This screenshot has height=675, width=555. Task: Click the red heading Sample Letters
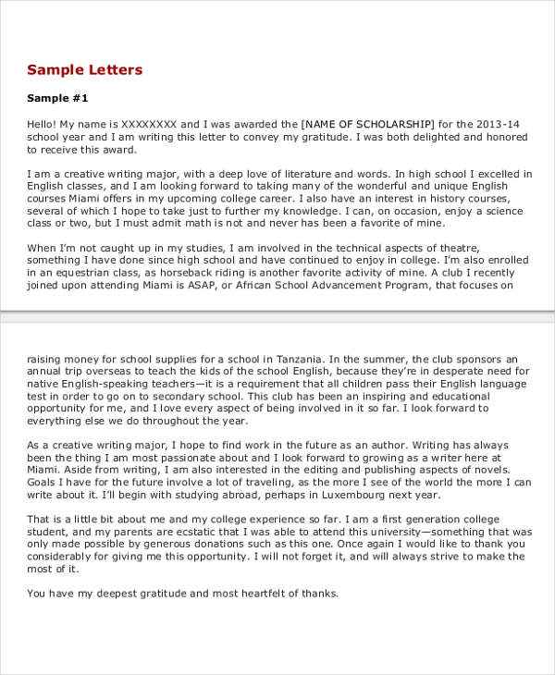click(85, 70)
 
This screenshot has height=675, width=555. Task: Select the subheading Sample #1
click(57, 98)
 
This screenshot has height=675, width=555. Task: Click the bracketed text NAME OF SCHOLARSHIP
click(367, 123)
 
